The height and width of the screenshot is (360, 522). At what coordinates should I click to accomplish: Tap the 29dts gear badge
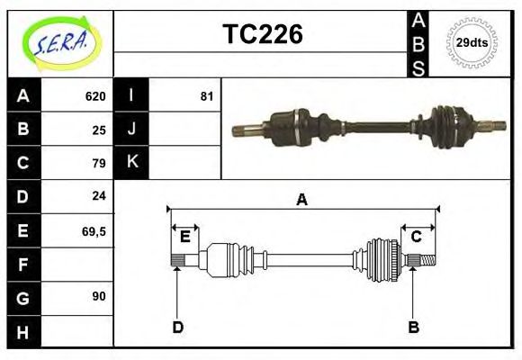click(x=472, y=42)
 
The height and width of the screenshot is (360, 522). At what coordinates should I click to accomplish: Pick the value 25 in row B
click(x=99, y=130)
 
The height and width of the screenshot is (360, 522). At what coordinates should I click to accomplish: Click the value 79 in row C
click(x=99, y=163)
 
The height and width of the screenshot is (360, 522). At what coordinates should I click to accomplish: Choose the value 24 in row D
click(x=99, y=195)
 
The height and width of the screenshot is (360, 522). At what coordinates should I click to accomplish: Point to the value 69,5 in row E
click(x=94, y=230)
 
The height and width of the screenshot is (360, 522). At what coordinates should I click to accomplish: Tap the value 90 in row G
click(x=99, y=296)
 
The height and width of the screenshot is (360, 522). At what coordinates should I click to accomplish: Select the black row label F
click(x=23, y=264)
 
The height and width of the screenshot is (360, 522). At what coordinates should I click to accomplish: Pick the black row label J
click(x=132, y=130)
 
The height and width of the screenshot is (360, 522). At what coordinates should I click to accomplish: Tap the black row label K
click(x=132, y=163)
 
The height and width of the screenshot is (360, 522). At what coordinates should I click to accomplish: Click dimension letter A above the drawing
click(x=302, y=200)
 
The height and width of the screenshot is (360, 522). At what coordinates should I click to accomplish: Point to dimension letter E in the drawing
click(x=184, y=237)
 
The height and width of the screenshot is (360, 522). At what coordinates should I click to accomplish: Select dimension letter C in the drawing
click(x=417, y=237)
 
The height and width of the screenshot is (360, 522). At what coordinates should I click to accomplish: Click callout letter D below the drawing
click(x=177, y=326)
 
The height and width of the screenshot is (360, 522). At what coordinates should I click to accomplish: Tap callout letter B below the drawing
click(x=413, y=326)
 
